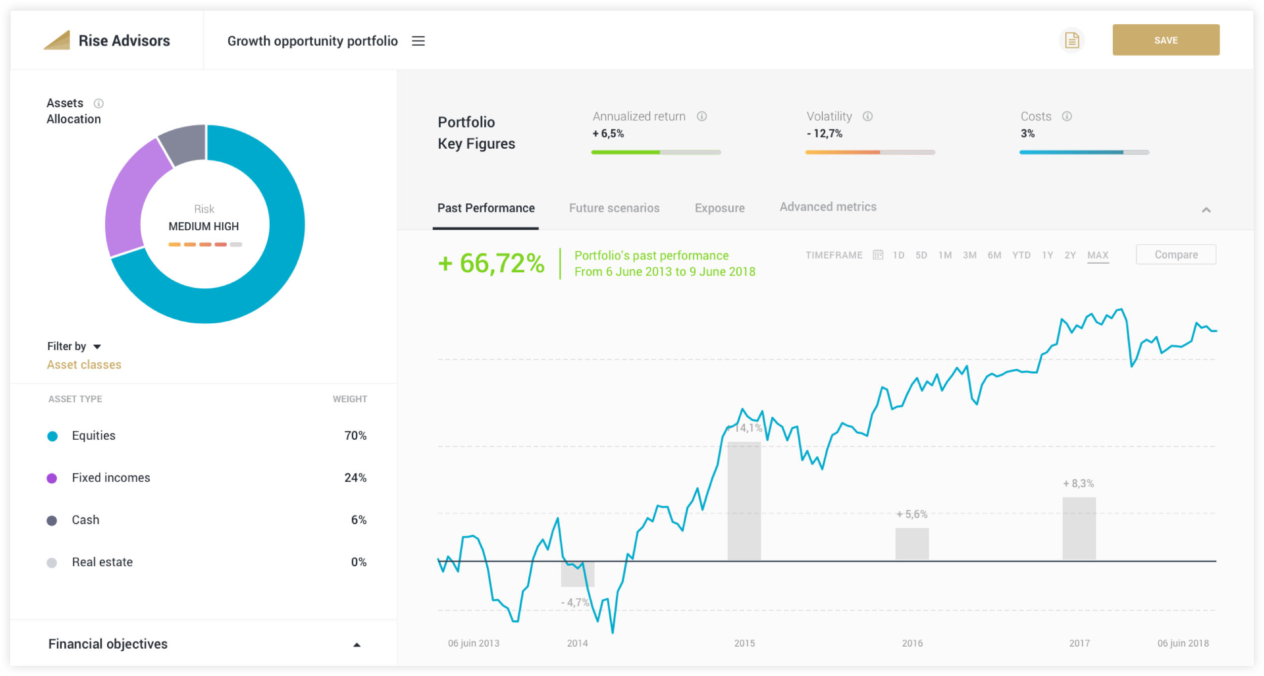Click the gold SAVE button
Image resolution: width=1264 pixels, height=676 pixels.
(1165, 40)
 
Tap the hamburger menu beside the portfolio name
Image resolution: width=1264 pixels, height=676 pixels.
(418, 41)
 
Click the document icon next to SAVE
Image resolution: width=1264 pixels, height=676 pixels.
(1072, 40)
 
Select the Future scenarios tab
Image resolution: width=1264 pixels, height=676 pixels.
(614, 208)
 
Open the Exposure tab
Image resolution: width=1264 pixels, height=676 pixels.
(719, 208)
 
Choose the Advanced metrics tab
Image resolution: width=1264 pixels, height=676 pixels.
(828, 207)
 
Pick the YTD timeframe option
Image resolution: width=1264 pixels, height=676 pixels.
(1021, 255)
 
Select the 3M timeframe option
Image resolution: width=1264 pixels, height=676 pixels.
(970, 255)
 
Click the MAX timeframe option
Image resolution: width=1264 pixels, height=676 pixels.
(1098, 255)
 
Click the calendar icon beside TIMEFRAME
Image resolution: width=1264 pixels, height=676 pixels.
(878, 255)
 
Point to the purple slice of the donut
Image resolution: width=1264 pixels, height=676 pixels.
(132, 197)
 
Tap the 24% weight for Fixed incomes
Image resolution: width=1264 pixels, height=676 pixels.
(355, 478)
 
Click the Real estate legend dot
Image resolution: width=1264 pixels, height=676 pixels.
(52, 563)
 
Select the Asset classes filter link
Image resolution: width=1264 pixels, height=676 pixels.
(84, 365)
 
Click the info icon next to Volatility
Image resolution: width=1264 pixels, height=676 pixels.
(867, 116)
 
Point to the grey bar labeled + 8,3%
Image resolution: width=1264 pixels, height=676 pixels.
(1079, 528)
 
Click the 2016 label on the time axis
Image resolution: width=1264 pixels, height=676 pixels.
(912, 643)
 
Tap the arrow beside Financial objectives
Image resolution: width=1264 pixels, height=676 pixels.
(357, 645)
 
